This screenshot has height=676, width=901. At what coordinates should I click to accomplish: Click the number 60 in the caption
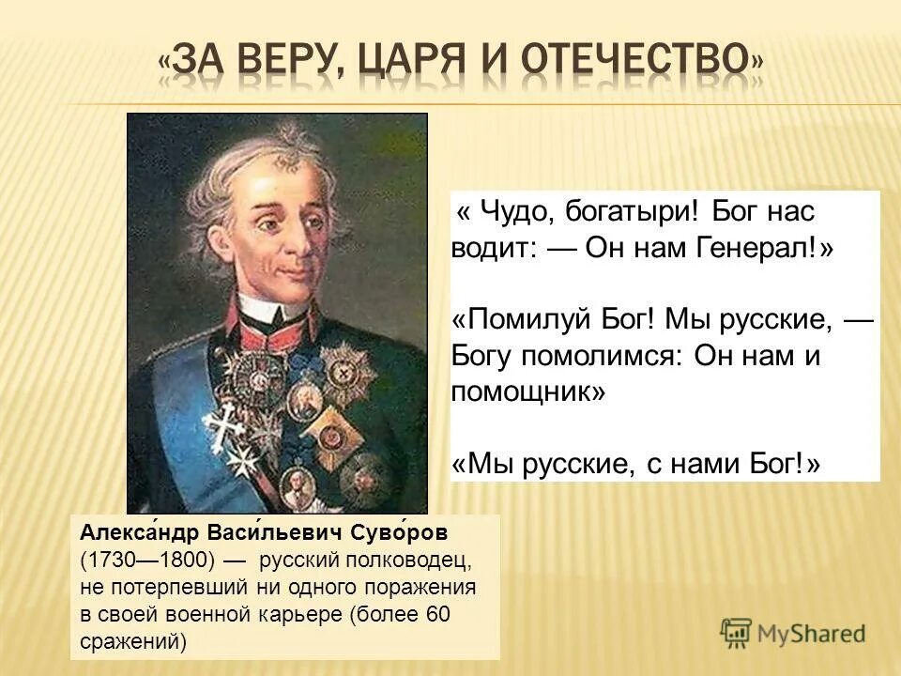438,615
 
